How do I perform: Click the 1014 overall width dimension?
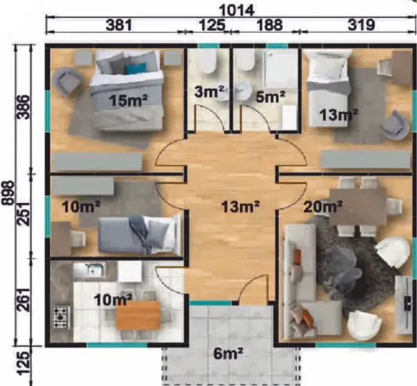pyautogui.click(x=237, y=10)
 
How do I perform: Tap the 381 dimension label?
pyautogui.click(x=119, y=26)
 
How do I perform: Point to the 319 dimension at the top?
pyautogui.click(x=361, y=26)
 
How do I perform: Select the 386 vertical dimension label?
pyautogui.click(x=22, y=107)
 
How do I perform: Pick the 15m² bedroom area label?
pyautogui.click(x=128, y=101)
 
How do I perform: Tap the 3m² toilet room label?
pyautogui.click(x=209, y=92)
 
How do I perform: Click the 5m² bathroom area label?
pyautogui.click(x=270, y=97)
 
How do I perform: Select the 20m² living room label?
pyautogui.click(x=322, y=207)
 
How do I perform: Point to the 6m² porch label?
pyautogui.click(x=228, y=353)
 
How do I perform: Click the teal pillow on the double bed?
pyautogui.click(x=136, y=69)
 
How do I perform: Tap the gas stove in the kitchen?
pyautogui.click(x=61, y=317)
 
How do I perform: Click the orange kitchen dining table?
pyautogui.click(x=138, y=315)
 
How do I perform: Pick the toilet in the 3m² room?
pyautogui.click(x=206, y=61)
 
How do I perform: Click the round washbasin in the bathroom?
pyautogui.click(x=243, y=90)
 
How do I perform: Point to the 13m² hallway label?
pyautogui.click(x=240, y=207)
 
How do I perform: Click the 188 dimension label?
pyautogui.click(x=270, y=26)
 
